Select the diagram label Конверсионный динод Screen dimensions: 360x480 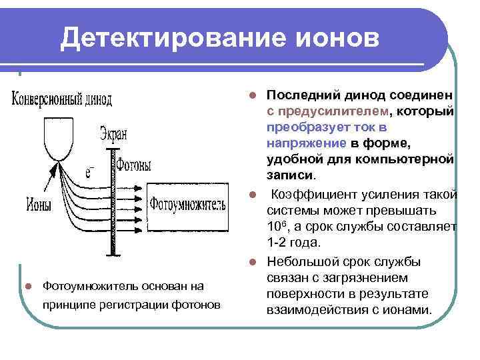(x=62, y=99)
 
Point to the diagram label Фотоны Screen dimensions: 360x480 (x=133, y=165)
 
